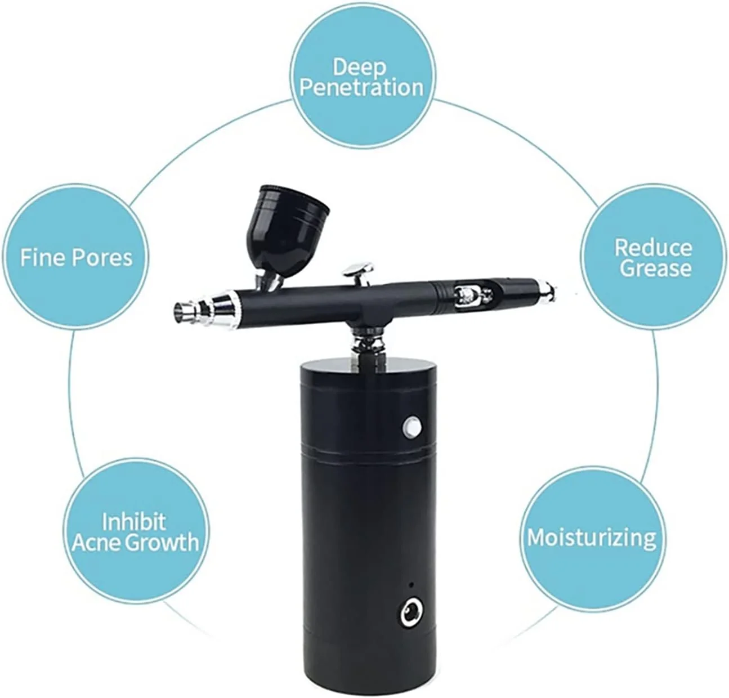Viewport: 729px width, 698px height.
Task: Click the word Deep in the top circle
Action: [359, 68]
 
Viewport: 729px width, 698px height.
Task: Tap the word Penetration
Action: [361, 87]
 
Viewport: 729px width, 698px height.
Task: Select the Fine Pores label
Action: [77, 257]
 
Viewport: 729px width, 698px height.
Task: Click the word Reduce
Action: [653, 248]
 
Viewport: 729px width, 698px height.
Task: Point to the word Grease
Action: [655, 269]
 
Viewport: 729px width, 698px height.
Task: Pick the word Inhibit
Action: [134, 521]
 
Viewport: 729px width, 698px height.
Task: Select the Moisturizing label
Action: [592, 538]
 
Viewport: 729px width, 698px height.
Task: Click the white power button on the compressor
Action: [412, 426]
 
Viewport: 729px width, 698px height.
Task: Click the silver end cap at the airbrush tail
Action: [547, 287]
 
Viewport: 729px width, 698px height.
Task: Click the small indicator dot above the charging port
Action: [412, 585]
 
